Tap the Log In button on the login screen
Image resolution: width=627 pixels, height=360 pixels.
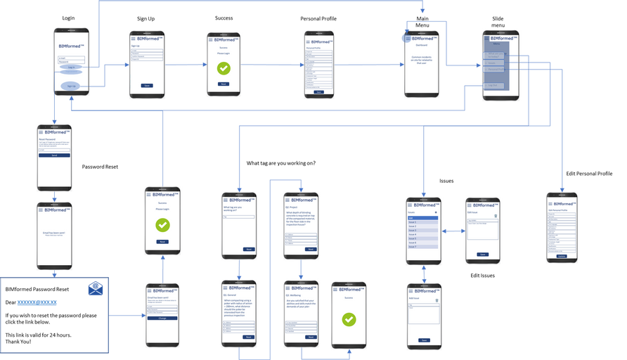click(71, 67)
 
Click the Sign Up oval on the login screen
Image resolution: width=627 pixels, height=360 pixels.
click(71, 86)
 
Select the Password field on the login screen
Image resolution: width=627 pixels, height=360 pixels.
click(71, 62)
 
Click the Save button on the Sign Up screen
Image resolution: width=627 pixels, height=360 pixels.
click(146, 85)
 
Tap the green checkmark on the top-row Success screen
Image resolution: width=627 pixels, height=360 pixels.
click(224, 68)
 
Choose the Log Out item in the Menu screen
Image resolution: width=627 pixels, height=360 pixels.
click(493, 85)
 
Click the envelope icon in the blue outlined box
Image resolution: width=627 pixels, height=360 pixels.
click(96, 289)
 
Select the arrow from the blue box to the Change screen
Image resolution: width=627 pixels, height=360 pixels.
click(127, 316)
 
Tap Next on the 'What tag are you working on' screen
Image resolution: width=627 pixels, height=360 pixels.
click(248, 249)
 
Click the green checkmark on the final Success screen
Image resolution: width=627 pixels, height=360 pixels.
click(349, 319)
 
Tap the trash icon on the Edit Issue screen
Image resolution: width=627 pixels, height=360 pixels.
click(496, 215)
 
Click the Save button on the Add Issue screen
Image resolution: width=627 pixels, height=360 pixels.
click(423, 340)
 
